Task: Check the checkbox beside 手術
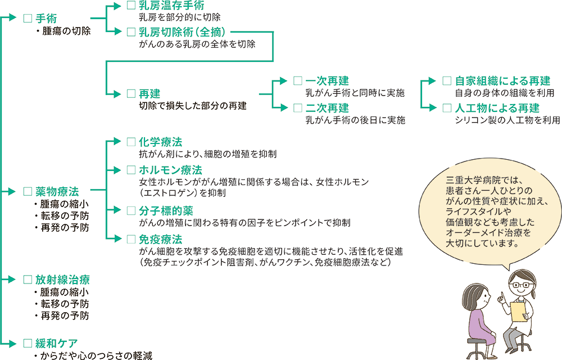[x=27, y=19]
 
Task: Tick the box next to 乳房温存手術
[x=131, y=6]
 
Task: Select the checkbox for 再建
[x=131, y=94]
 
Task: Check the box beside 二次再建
[x=298, y=107]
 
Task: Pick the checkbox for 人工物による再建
[x=447, y=107]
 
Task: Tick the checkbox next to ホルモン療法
[x=131, y=170]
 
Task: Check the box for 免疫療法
[x=131, y=238]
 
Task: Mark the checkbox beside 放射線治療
[x=27, y=280]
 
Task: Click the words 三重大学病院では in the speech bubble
[x=484, y=181]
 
